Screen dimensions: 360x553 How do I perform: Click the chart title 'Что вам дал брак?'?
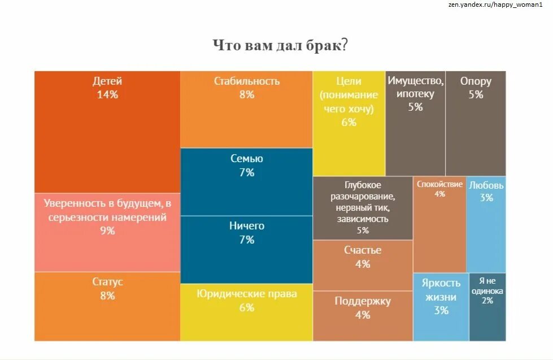point(280,45)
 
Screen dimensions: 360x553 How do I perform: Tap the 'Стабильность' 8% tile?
point(246,110)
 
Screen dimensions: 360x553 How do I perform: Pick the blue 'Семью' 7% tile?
point(246,181)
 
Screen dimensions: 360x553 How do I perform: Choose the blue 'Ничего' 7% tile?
point(246,249)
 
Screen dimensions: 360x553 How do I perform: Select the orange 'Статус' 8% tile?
point(107,306)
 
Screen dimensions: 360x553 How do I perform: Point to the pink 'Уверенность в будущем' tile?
point(107,232)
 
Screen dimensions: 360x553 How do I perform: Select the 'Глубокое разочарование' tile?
point(362,208)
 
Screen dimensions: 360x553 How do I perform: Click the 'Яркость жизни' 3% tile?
point(441,307)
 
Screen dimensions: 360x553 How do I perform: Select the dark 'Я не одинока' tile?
point(487,307)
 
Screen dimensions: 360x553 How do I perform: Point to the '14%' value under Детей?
point(107,95)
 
